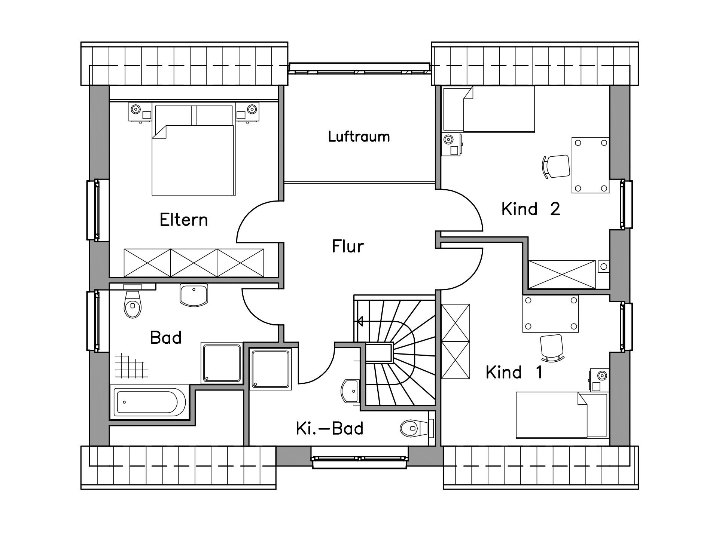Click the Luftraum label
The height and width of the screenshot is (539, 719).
(x=359, y=137)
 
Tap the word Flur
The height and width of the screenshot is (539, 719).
(x=348, y=246)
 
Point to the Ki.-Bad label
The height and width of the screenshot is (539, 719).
(x=329, y=428)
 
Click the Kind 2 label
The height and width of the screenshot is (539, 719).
(x=531, y=209)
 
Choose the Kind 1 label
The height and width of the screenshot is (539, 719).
(x=514, y=372)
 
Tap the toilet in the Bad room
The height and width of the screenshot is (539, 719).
(x=133, y=301)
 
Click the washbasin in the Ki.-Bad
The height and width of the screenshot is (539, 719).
(x=350, y=391)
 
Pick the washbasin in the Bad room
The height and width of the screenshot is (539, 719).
(x=194, y=295)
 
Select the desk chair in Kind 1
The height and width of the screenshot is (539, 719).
(x=552, y=348)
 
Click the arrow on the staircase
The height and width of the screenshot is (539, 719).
(x=360, y=321)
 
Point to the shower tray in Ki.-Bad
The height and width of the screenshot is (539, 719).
(x=271, y=369)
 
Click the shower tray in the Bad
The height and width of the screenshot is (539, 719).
(x=221, y=363)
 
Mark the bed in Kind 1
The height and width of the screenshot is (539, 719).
(x=561, y=415)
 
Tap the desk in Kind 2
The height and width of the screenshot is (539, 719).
(x=591, y=165)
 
